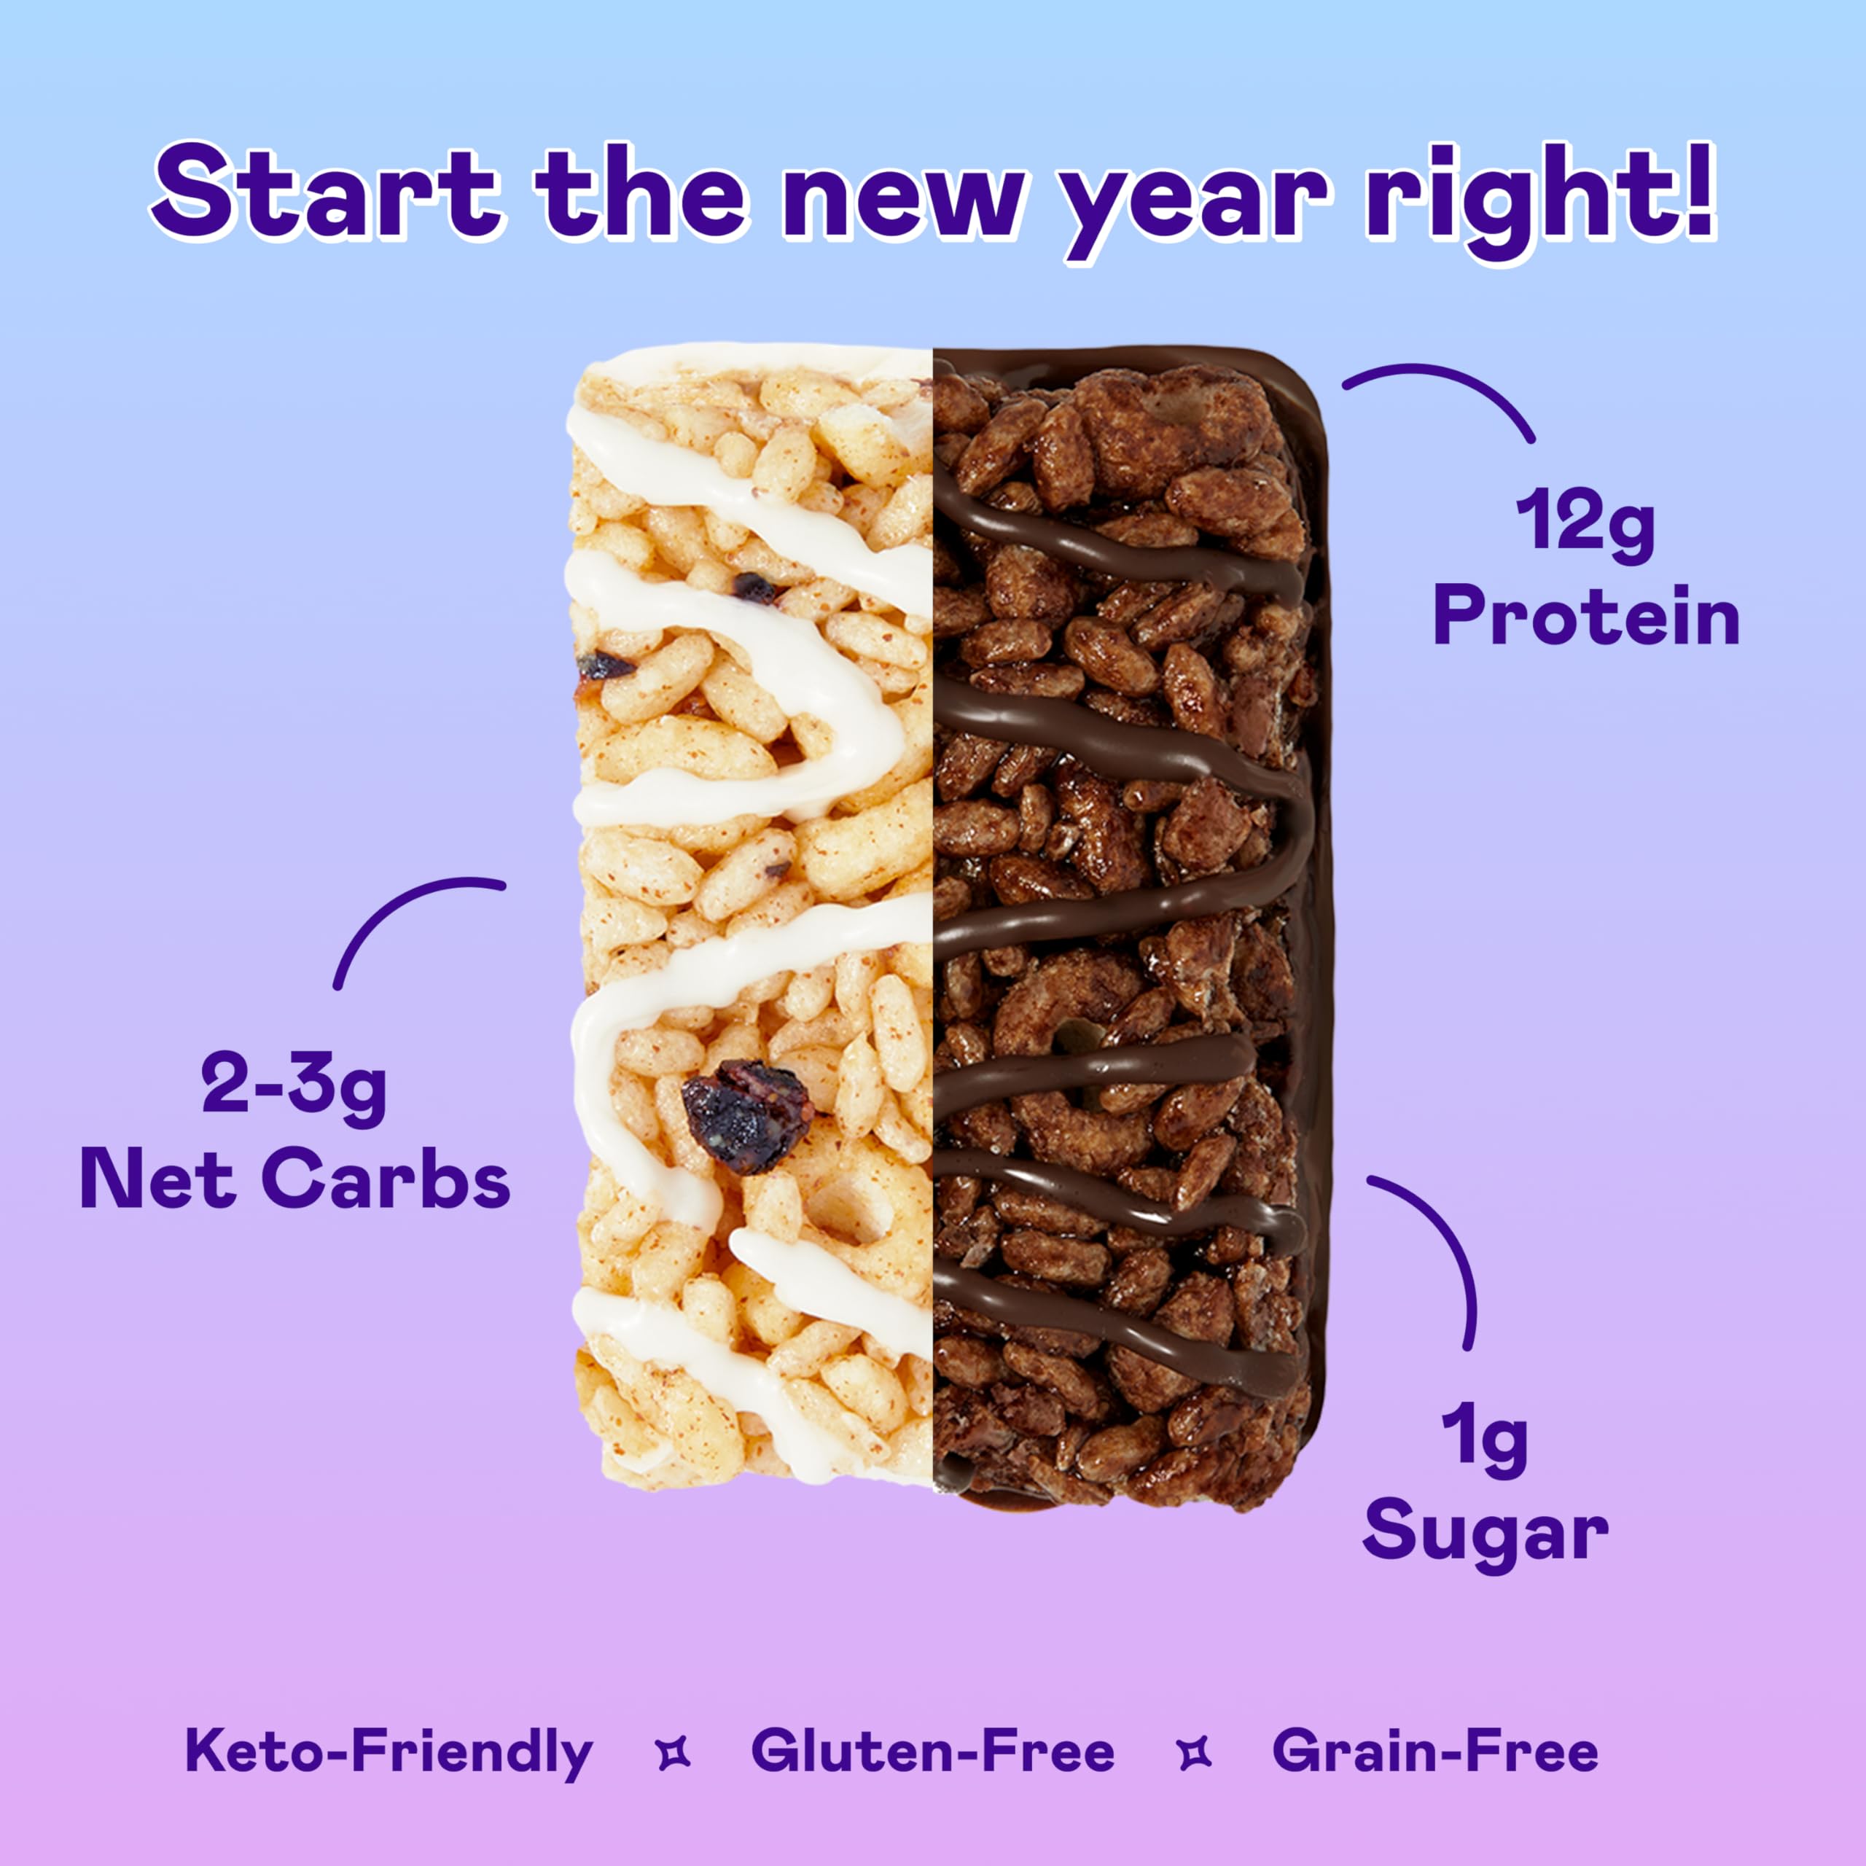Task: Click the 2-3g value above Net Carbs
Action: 294,1085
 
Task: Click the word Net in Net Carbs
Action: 157,1179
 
